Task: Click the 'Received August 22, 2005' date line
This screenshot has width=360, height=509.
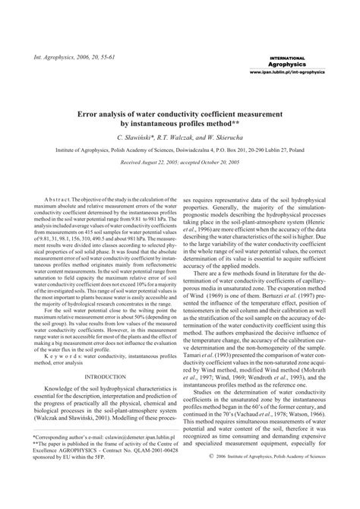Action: click(x=179, y=163)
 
